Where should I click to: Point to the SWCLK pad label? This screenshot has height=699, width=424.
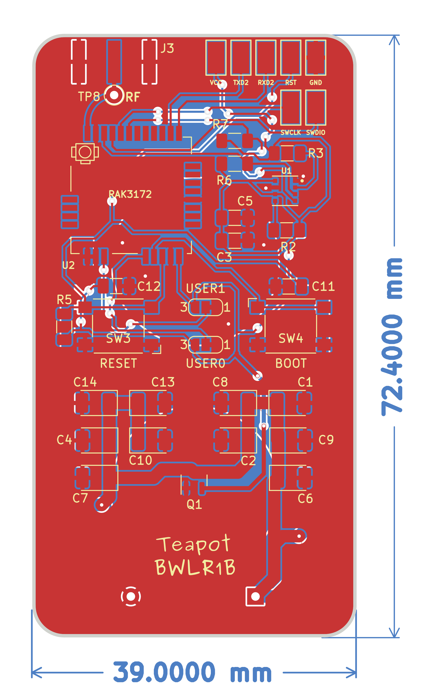click(291, 132)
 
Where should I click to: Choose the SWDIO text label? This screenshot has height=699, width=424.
click(315, 132)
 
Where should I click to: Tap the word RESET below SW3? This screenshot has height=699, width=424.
click(118, 363)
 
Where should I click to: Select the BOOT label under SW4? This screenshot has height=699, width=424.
click(291, 363)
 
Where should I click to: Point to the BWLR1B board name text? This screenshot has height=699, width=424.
click(195, 568)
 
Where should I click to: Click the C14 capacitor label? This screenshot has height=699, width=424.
click(85, 382)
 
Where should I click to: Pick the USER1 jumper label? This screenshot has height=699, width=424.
click(205, 289)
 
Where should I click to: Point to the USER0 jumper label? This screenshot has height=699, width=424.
click(205, 363)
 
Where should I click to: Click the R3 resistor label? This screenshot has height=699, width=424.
click(316, 153)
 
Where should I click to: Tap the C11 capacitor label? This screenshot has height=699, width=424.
click(323, 287)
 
